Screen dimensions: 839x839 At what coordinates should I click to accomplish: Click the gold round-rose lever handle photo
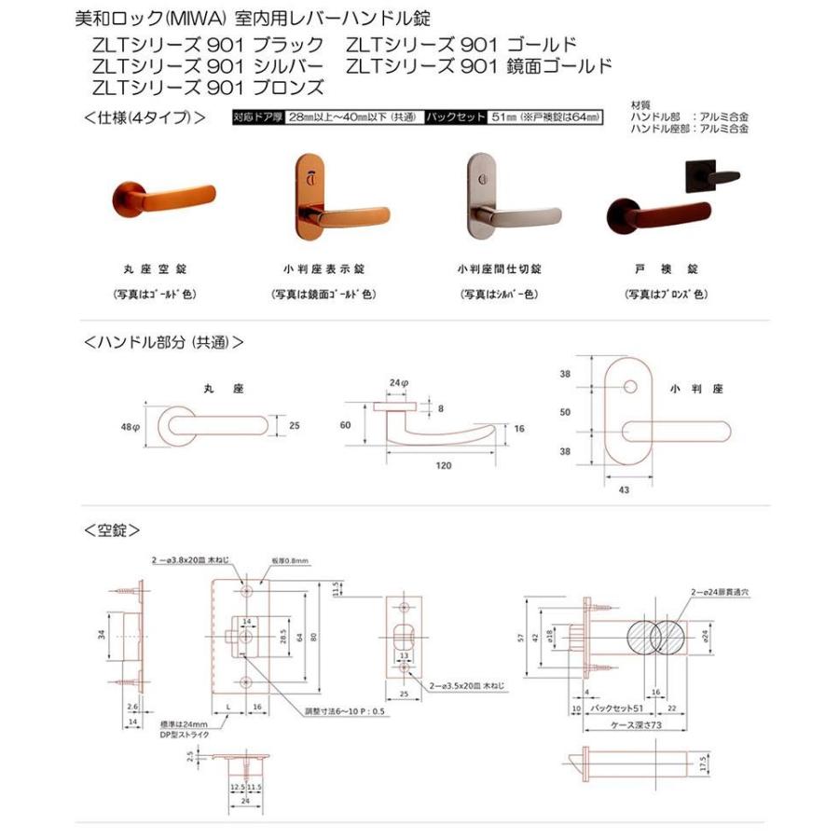coord(141,200)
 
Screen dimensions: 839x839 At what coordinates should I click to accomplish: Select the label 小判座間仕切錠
coord(500,268)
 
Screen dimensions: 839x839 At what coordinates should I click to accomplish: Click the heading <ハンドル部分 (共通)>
coord(164,342)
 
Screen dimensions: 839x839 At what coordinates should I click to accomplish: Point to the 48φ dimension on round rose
coord(130,426)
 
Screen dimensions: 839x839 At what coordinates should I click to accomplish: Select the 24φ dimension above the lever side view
coord(399,382)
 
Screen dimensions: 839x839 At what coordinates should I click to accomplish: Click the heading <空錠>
coord(112,530)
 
